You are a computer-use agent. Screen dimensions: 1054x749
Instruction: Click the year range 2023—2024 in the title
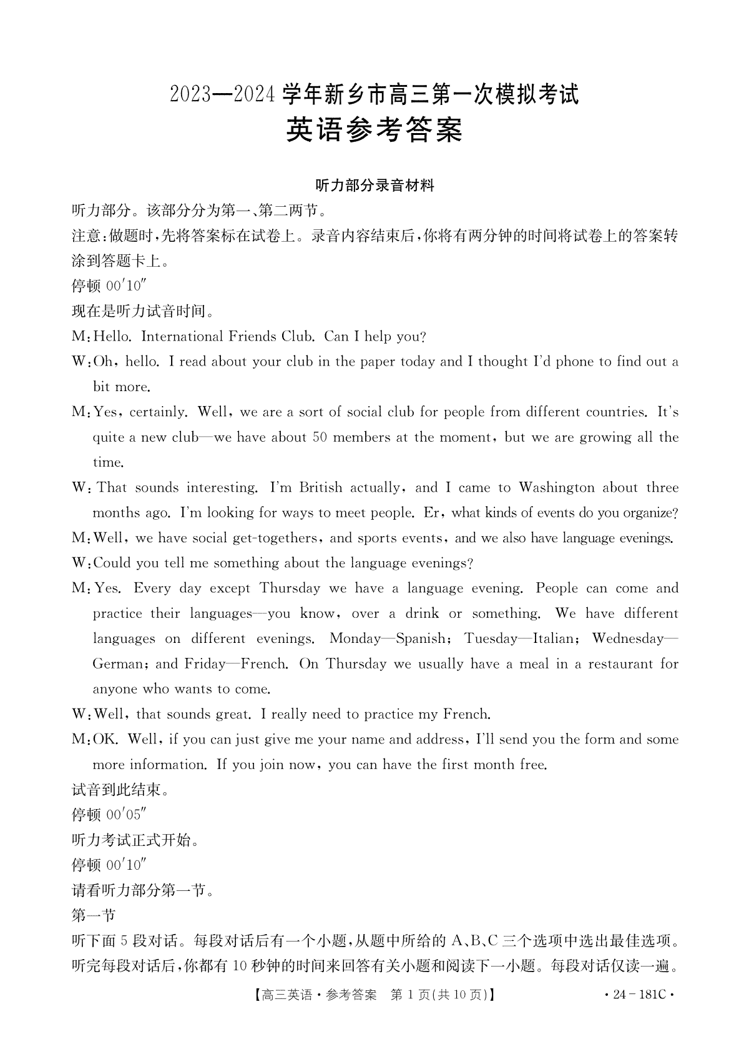pos(222,95)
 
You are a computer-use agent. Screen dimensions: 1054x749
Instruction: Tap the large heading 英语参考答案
pos(374,131)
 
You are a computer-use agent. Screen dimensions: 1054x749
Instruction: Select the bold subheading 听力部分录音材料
pos(374,186)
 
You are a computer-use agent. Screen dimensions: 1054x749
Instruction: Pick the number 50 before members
pos(320,437)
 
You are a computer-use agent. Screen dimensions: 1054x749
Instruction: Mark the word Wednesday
pos(628,639)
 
